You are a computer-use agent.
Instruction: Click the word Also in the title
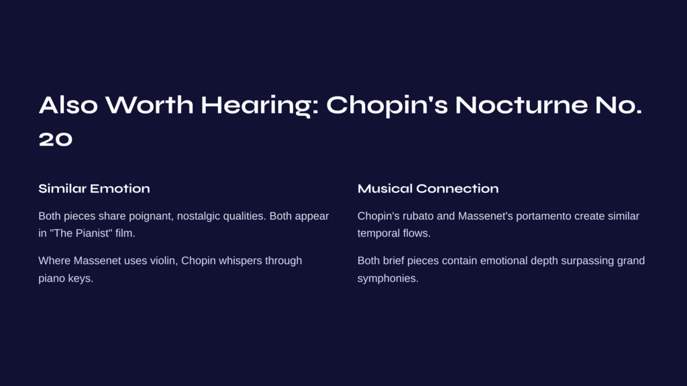(x=68, y=105)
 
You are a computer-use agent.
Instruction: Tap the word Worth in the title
(x=149, y=105)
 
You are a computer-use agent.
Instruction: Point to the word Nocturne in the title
(x=521, y=105)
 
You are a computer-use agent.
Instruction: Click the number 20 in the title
(x=56, y=139)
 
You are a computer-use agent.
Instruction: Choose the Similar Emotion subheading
(x=94, y=188)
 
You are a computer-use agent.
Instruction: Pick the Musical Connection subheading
(x=428, y=188)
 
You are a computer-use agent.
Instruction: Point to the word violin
(x=164, y=261)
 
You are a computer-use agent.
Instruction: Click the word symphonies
(x=388, y=279)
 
